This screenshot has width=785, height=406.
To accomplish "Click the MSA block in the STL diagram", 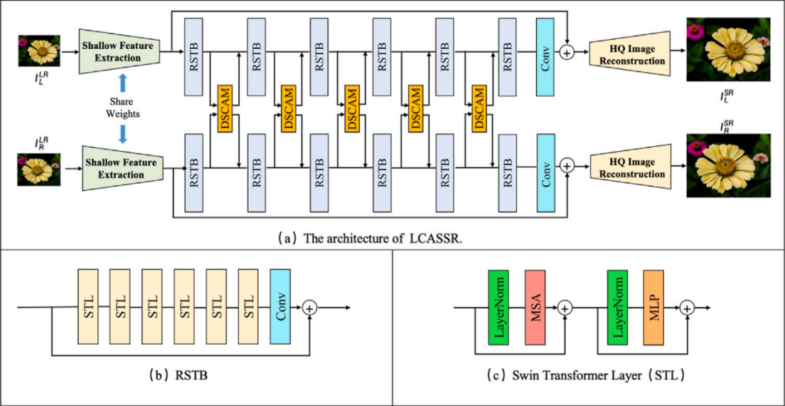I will pos(535,307).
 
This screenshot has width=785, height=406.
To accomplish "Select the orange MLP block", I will pos(654,307).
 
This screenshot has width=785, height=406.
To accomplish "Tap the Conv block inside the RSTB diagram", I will pos(282,307).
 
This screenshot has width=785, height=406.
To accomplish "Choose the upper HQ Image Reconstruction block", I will pos(631,55).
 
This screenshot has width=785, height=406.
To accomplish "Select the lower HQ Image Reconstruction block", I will pos(631,169).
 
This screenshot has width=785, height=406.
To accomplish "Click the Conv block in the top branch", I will pos(546,53).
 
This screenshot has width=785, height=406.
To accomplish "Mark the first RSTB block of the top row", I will pos(194,53).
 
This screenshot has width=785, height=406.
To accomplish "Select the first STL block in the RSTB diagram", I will pos(87,307).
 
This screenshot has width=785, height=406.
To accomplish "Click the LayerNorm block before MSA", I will pos(498,307).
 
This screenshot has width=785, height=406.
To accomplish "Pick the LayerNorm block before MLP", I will pos(618,307).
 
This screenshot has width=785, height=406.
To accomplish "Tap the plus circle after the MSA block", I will pos(565,308).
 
